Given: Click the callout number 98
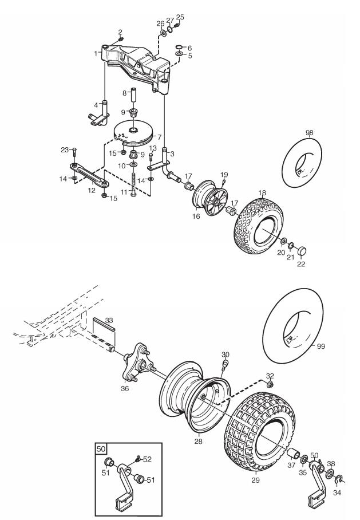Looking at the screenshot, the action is tap(309, 133).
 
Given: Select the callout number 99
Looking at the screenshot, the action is tap(321, 346).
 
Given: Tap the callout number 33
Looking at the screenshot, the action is tap(109, 320).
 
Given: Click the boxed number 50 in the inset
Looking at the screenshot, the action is tap(101, 450).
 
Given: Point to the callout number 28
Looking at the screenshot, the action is tap(198, 442).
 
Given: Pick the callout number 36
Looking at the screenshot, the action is tap(125, 389).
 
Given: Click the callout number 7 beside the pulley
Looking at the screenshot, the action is tap(160, 137).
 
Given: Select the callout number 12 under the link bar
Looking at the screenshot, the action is tap(92, 190).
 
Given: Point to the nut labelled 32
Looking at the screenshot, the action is tap(270, 384).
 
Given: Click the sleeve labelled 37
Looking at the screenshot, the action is tap(294, 454).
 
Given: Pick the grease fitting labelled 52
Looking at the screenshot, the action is tap(137, 459).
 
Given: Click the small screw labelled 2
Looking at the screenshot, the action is tap(121, 39).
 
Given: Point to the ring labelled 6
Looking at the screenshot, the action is tap(179, 47).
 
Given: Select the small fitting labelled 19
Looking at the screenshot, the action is tap(224, 180).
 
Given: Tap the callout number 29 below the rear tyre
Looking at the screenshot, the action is tap(256, 480).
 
